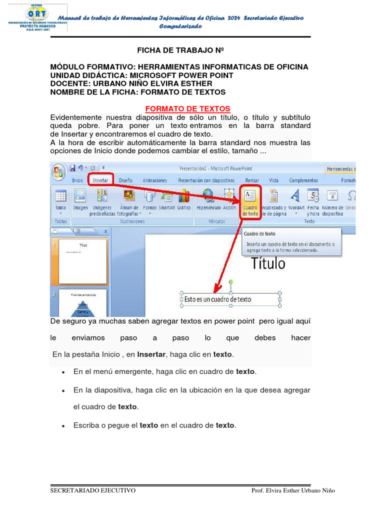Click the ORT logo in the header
tap(34, 18)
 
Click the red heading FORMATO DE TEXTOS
tap(187, 108)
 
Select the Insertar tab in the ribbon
tap(100, 180)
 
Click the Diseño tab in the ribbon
tap(125, 180)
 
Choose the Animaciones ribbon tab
tap(155, 180)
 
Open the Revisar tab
tap(252, 180)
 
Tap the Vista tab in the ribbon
tap(273, 180)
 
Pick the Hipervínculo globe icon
tap(208, 195)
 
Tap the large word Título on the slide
tap(268, 263)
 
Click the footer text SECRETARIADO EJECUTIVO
tap(93, 490)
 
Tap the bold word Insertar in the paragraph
tap(152, 354)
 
